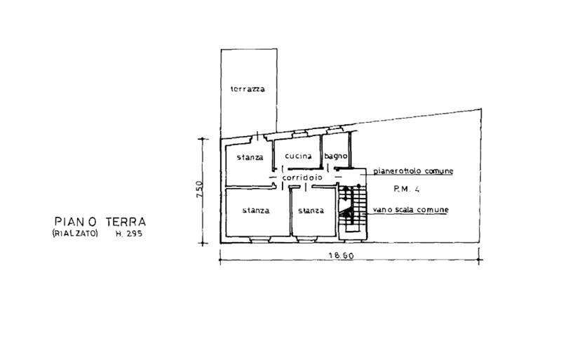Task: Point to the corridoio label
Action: point(302,178)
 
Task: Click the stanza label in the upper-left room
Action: point(250,156)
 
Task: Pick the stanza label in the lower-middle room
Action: point(310,211)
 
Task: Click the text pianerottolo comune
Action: point(414,171)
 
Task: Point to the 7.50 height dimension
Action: point(199,190)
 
